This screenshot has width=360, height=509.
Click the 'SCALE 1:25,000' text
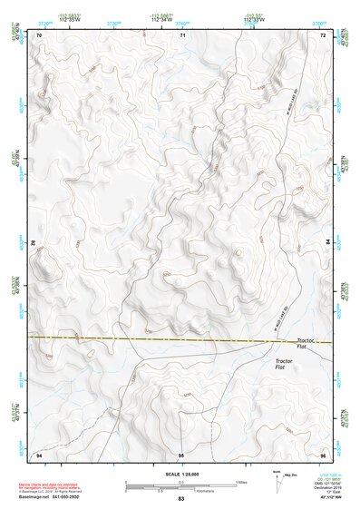[x=180, y=474]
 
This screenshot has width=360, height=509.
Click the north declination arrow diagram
[x=277, y=480]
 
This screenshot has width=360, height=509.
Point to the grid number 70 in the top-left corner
[x=39, y=34]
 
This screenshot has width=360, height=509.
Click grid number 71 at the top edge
[x=181, y=34]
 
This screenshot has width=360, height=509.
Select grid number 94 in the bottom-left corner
[x=39, y=454]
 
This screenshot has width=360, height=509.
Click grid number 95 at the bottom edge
[x=181, y=454]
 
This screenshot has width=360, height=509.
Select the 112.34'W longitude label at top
[x=162, y=20]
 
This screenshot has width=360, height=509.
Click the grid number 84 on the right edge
[x=326, y=244]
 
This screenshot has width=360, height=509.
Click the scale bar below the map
[x=180, y=485]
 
